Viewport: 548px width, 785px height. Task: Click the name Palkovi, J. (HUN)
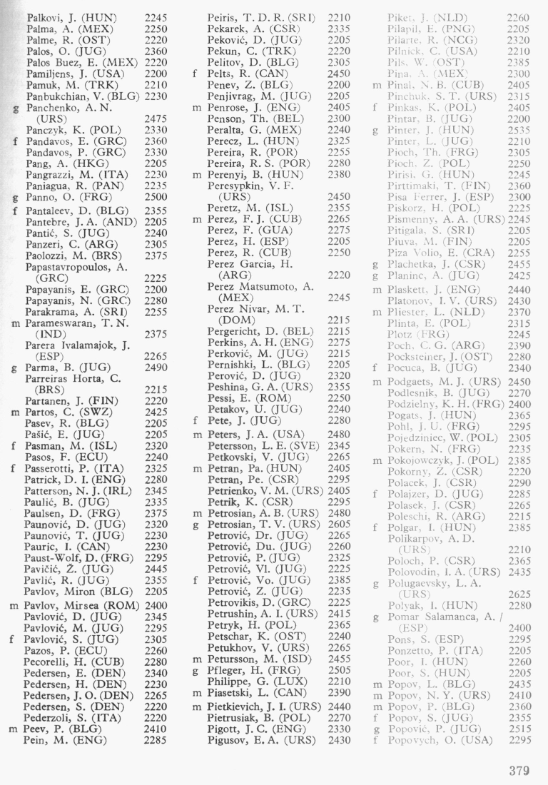tap(71, 16)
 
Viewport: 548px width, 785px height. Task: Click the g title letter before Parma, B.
tap(16, 368)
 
